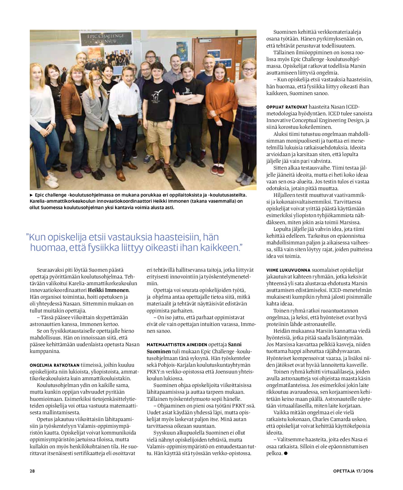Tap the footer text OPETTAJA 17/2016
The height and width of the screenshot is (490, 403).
pyautogui.click(x=353, y=471)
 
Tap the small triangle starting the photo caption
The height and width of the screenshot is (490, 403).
pyautogui.click(x=31, y=195)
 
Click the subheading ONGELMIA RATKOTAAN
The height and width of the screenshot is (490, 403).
pyautogui.click(x=54, y=365)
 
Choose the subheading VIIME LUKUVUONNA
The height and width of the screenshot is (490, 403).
pyautogui.click(x=288, y=270)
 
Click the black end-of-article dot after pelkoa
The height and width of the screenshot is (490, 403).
pyautogui.click(x=286, y=453)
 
